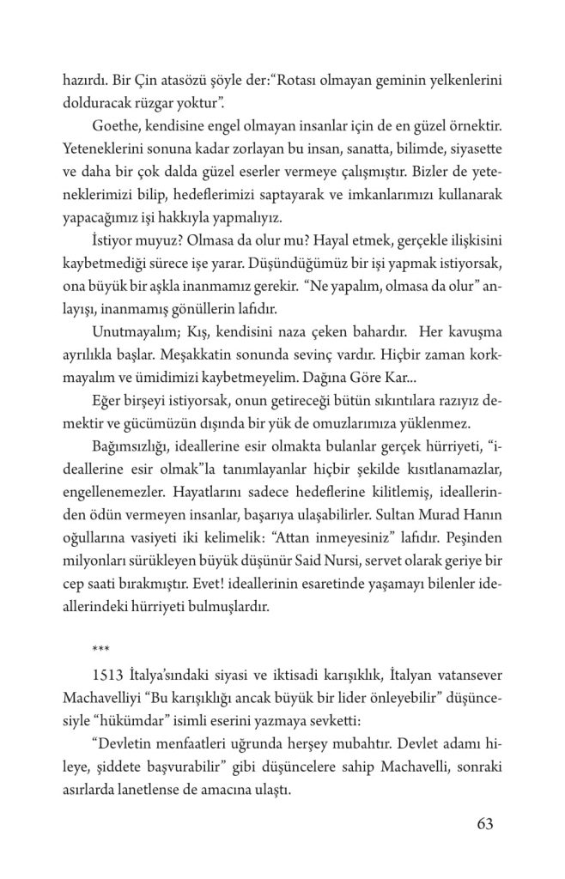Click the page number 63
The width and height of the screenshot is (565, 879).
coord(485,825)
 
